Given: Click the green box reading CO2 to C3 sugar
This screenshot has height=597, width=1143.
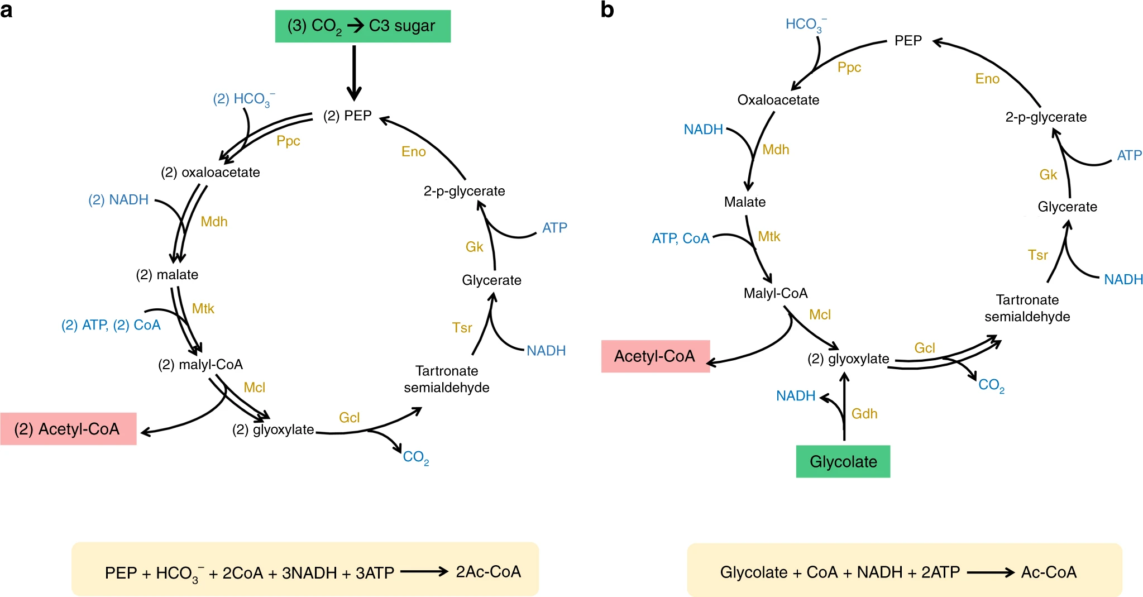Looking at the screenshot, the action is click(x=363, y=26).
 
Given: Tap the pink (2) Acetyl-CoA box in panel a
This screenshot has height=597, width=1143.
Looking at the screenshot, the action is click(x=68, y=428).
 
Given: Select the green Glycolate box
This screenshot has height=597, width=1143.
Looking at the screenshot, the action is click(x=843, y=461).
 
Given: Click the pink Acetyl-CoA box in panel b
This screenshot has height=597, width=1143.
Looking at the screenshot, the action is click(x=656, y=356).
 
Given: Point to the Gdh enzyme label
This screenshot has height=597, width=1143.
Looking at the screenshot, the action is click(x=864, y=414).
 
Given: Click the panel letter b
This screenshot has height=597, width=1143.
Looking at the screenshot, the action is click(x=607, y=10).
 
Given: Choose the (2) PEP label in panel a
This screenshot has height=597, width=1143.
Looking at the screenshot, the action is click(x=347, y=116).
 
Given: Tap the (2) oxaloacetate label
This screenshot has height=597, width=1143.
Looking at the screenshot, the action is click(x=211, y=173).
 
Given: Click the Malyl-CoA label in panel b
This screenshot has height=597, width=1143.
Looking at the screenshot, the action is click(x=776, y=293).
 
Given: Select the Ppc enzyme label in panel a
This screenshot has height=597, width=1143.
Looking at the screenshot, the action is click(x=288, y=141).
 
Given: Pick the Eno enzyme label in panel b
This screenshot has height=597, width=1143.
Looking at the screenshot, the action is click(x=987, y=79).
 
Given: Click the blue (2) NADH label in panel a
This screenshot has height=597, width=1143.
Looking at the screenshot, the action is click(x=118, y=200).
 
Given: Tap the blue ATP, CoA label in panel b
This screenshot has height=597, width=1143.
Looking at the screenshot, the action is click(x=681, y=238).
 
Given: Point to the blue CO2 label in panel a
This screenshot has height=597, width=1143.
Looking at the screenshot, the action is click(x=416, y=457).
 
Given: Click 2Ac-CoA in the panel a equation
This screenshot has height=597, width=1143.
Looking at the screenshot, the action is click(x=489, y=571).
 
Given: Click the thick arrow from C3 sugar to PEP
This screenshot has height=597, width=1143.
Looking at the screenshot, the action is click(x=354, y=73).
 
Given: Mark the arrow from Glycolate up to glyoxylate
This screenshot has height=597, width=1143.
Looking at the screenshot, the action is click(x=844, y=406).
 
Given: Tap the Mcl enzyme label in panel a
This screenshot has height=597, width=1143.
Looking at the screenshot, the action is click(x=254, y=388).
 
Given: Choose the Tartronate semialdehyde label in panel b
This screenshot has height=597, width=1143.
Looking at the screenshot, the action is click(x=1027, y=308).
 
